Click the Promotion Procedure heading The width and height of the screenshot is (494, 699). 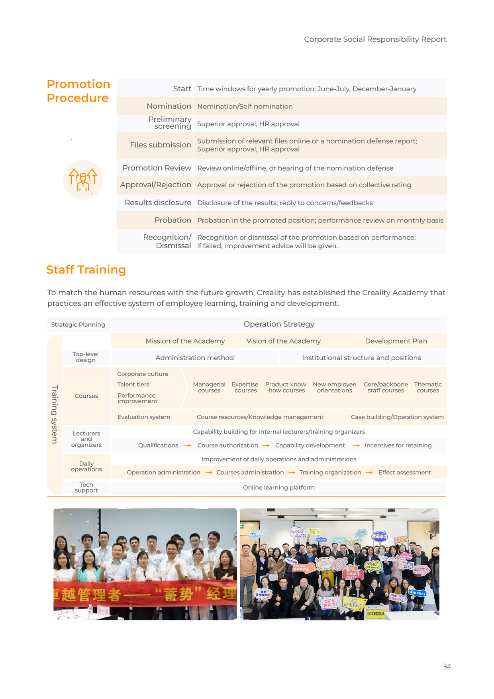pyautogui.click(x=78, y=91)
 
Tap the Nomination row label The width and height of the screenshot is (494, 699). pyautogui.click(x=169, y=106)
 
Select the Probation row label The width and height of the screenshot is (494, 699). pyautogui.click(x=173, y=220)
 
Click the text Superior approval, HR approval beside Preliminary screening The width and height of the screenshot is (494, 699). pyautogui.click(x=248, y=124)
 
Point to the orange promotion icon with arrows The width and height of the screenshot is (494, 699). pyautogui.click(x=83, y=180)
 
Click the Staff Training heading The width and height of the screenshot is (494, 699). pyautogui.click(x=86, y=270)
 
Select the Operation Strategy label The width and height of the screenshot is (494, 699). pyautogui.click(x=279, y=324)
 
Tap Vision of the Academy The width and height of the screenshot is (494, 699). pyautogui.click(x=283, y=341)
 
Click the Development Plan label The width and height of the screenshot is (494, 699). pyautogui.click(x=396, y=341)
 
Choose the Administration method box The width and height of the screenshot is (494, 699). pyautogui.click(x=194, y=358)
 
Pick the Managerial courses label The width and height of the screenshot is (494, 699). pyautogui.click(x=209, y=387)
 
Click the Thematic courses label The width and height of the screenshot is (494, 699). pyautogui.click(x=428, y=387)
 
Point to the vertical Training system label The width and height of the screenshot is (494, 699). pyautogui.click(x=55, y=414)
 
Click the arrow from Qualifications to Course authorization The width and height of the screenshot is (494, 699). pyautogui.click(x=187, y=446)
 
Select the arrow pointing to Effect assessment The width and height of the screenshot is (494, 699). pyautogui.click(x=369, y=473)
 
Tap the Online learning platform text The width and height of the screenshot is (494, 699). pyautogui.click(x=279, y=488)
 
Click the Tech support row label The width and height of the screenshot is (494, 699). pyautogui.click(x=86, y=488)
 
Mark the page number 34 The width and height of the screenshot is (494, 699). pyautogui.click(x=447, y=667)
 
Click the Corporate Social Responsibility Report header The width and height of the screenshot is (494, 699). pyautogui.click(x=375, y=39)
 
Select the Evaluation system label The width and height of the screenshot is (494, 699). pyautogui.click(x=144, y=417)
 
